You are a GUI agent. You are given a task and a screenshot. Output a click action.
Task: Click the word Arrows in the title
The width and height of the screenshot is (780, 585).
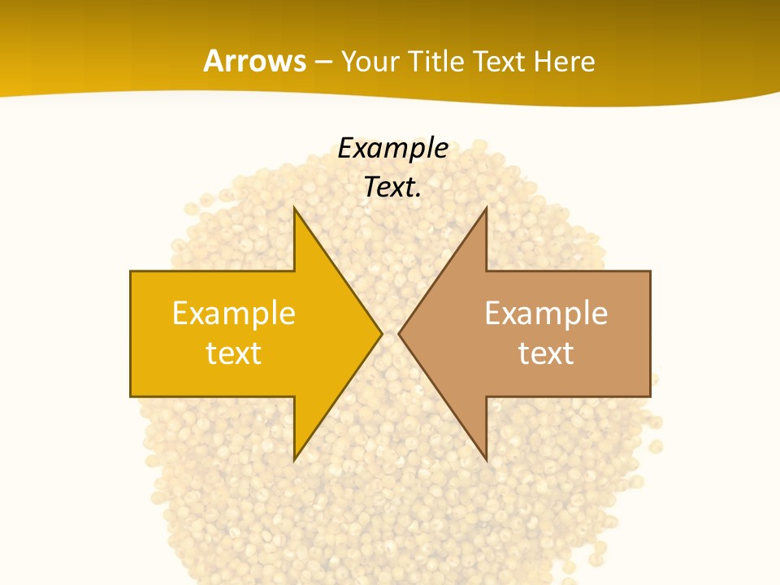coord(254,62)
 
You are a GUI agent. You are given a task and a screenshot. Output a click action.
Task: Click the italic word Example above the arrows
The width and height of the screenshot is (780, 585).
coord(393,148)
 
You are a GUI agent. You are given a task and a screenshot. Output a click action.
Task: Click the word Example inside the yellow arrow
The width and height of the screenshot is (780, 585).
coord(234,313)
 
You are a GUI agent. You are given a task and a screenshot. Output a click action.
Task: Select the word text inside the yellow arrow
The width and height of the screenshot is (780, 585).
coord(234,353)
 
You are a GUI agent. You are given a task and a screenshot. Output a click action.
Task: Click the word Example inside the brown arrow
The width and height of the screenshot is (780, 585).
coord(546,313)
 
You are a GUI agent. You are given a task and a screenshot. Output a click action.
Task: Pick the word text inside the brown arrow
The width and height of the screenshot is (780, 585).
coord(546,353)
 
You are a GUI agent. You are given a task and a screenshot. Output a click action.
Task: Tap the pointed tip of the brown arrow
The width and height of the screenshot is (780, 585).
coord(401,333)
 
